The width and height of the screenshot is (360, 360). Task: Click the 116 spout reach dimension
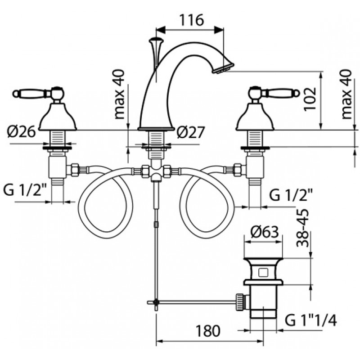click(x=191, y=20)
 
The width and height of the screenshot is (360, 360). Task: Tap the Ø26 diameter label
click(x=21, y=132)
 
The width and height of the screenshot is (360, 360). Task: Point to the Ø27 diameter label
click(x=190, y=132)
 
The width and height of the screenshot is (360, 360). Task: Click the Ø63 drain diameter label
click(x=265, y=232)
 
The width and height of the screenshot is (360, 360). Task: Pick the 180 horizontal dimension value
click(x=208, y=331)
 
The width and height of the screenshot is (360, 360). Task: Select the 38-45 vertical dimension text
click(x=302, y=228)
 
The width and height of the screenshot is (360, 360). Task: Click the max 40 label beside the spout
click(x=119, y=94)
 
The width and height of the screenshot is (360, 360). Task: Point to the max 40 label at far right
click(x=346, y=94)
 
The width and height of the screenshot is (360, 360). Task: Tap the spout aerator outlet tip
click(x=223, y=68)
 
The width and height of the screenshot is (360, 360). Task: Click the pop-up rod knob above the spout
click(x=156, y=40)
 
